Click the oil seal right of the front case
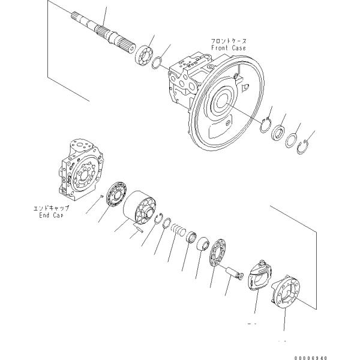(278, 133)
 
